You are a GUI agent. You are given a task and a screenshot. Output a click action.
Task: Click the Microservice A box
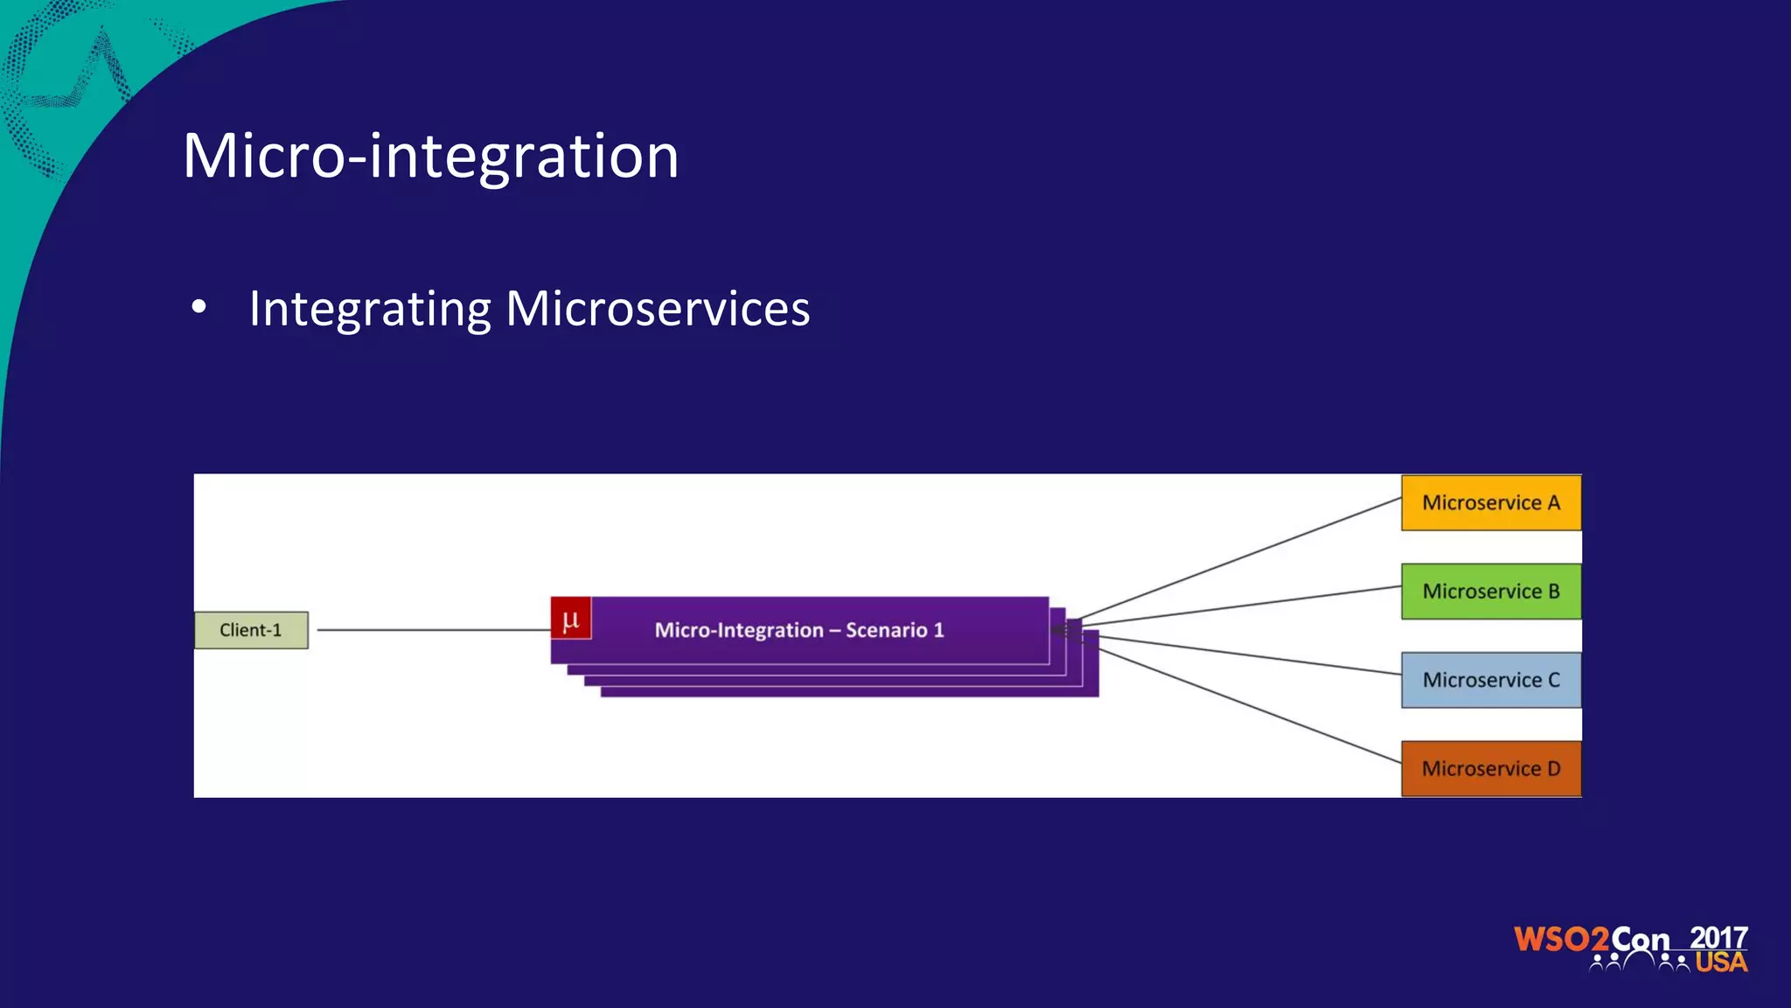click(x=1491, y=503)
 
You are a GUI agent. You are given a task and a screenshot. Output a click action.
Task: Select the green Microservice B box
click(x=1491, y=591)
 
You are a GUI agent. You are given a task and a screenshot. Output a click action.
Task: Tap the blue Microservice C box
click(x=1491, y=680)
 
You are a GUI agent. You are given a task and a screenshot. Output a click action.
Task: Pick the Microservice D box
click(x=1491, y=768)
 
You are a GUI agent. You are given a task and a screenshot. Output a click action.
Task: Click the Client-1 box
click(x=251, y=630)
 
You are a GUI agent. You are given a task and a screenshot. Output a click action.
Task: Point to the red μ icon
click(x=571, y=619)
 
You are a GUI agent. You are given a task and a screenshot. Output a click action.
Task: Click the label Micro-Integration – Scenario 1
click(x=799, y=630)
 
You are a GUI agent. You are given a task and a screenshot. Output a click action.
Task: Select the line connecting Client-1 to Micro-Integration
click(x=433, y=629)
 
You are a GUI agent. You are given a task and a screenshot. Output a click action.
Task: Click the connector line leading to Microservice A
click(x=1242, y=558)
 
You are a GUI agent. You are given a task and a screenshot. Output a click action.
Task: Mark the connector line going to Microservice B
click(x=1242, y=606)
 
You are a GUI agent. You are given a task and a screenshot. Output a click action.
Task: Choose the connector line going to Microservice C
click(x=1251, y=655)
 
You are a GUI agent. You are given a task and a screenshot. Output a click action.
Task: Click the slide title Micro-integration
click(x=430, y=156)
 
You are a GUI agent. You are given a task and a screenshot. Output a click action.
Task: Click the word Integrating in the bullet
click(x=370, y=309)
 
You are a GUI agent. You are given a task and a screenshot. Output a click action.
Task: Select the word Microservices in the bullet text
click(x=658, y=309)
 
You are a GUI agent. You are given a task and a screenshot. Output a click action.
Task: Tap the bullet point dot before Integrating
click(x=199, y=308)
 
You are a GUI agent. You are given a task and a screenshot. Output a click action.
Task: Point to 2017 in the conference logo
click(x=1718, y=937)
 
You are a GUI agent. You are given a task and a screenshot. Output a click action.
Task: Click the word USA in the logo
click(x=1720, y=962)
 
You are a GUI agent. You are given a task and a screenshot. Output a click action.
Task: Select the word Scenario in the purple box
click(x=886, y=630)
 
